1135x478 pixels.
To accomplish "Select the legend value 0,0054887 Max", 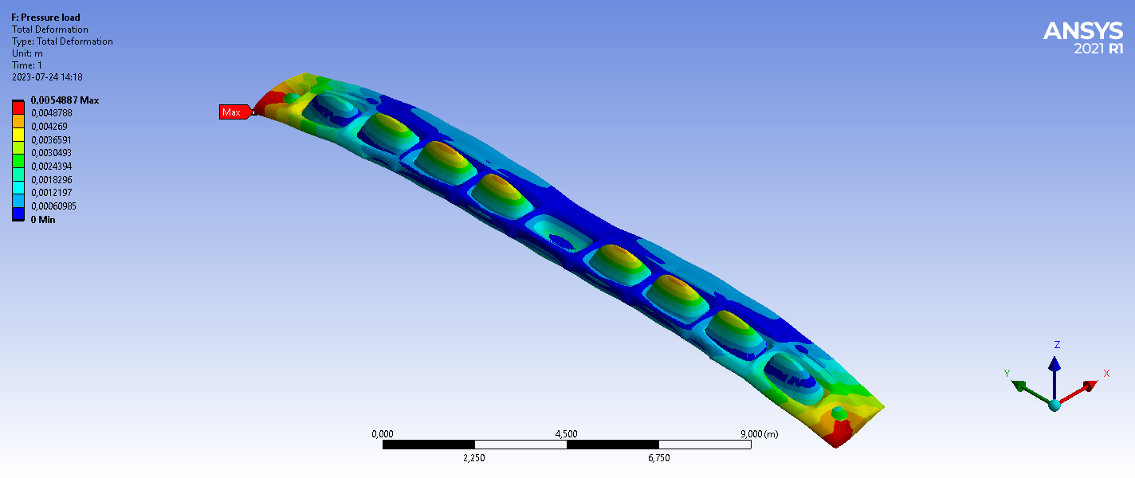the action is (65, 100).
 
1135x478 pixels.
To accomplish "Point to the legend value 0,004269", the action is (49, 127).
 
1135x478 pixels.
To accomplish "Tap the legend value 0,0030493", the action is (51, 153).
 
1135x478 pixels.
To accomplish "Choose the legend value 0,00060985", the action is (53, 206).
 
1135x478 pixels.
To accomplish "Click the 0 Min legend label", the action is (43, 220).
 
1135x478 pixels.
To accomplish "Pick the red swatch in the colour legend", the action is (18, 108).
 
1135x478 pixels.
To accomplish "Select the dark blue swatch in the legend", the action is (18, 214).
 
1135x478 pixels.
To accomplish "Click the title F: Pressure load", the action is (45, 18).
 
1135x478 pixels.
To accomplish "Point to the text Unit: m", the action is (27, 53).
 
